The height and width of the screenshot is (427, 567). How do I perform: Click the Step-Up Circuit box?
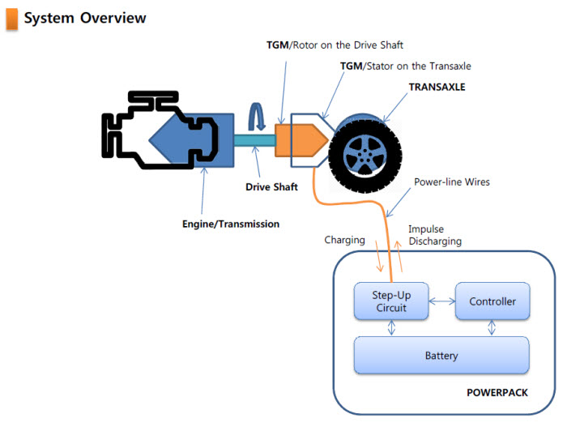(392, 301)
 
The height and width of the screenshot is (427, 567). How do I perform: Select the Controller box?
(492, 301)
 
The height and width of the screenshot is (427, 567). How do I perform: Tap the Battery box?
(441, 355)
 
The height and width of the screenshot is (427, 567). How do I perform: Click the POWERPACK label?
(497, 392)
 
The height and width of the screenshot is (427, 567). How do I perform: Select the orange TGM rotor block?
(301, 140)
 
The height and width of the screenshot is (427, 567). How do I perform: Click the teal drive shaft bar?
(254, 141)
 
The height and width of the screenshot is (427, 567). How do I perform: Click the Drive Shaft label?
(272, 186)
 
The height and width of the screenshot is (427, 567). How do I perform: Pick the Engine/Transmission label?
(231, 224)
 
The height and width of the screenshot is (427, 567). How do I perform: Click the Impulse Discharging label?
(434, 235)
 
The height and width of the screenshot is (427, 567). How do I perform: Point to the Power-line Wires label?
(452, 182)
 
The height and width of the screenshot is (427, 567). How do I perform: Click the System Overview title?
(85, 18)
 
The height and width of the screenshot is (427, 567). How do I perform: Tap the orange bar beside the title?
(11, 18)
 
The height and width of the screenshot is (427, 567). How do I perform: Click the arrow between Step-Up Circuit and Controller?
(441, 301)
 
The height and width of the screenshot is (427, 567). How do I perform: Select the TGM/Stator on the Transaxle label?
(405, 66)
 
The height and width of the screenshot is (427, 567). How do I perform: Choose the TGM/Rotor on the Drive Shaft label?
(335, 45)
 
